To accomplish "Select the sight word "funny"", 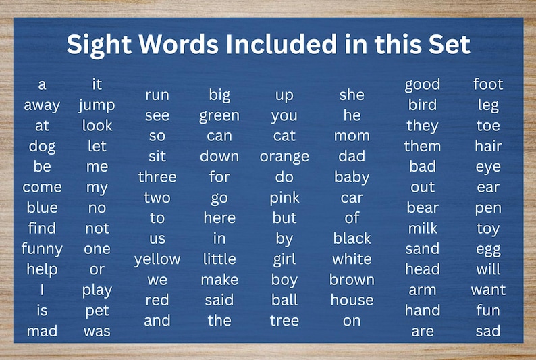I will [x=42, y=249].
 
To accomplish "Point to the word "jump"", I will [x=97, y=105].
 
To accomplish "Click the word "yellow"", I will [x=157, y=259].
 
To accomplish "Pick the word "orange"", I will [x=284, y=157].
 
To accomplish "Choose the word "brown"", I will [x=352, y=280].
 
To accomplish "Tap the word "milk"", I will [x=423, y=228].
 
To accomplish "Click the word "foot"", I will [x=488, y=84].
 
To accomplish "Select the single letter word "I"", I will [x=42, y=290].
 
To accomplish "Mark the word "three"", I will [x=157, y=177].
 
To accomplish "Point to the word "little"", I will [x=219, y=259].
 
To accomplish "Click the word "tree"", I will [x=284, y=321].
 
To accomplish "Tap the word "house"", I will [x=352, y=300].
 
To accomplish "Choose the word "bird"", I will [x=423, y=105].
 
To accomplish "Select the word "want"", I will [x=488, y=290].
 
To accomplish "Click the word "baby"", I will [x=352, y=178].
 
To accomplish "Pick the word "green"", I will [x=219, y=116].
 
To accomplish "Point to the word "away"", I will [x=42, y=105].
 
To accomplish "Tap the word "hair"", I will [x=488, y=146].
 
